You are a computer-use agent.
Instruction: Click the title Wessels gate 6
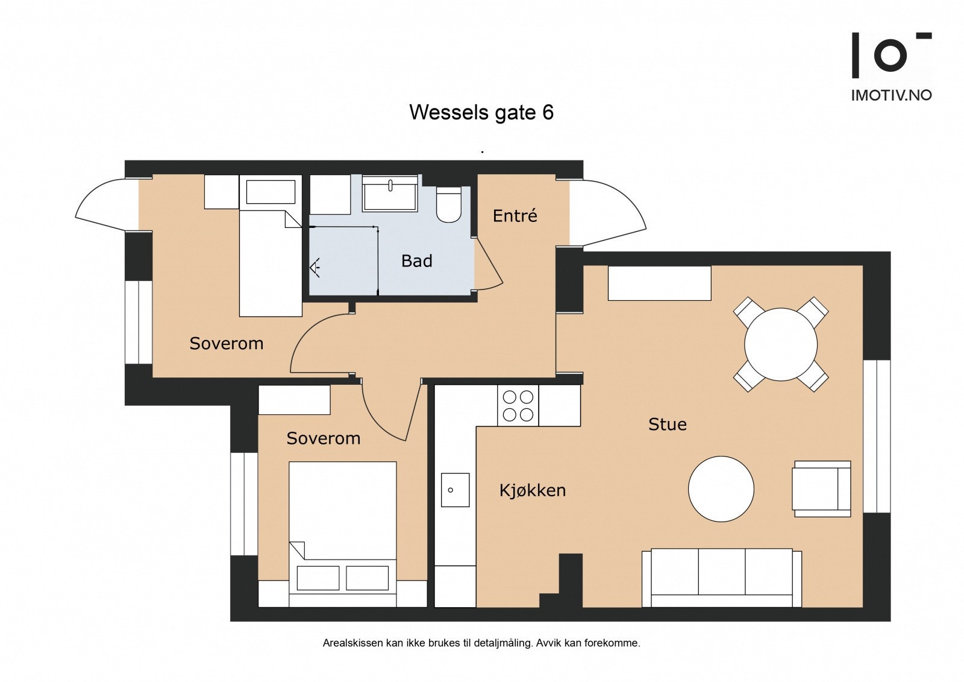click(481, 112)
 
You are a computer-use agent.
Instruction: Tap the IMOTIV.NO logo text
click(891, 95)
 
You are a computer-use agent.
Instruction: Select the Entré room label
click(515, 215)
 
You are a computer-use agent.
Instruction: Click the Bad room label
click(416, 260)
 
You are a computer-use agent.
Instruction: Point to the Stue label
click(668, 425)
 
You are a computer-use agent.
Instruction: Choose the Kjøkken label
click(533, 490)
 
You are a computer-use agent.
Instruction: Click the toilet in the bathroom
click(449, 204)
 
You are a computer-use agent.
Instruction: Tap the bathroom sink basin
click(390, 194)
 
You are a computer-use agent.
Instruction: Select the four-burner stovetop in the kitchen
click(518, 406)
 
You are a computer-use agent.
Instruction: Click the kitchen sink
click(455, 490)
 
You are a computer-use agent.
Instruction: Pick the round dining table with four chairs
click(781, 344)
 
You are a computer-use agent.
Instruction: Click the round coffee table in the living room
click(721, 489)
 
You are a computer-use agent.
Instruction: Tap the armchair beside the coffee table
click(822, 489)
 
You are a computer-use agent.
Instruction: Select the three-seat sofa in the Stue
click(722, 578)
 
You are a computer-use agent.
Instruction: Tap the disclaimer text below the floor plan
click(481, 643)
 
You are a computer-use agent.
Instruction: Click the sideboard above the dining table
click(659, 283)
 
